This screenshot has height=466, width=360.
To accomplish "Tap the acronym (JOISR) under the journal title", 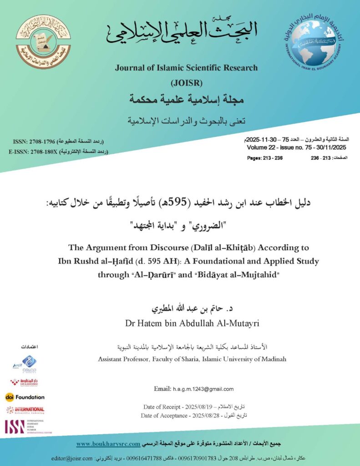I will [186, 83].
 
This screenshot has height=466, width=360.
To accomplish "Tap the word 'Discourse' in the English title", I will [168, 248].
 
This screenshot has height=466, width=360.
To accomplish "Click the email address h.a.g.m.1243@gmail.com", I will [203, 389].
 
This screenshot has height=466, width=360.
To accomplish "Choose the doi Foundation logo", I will [25, 397].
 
